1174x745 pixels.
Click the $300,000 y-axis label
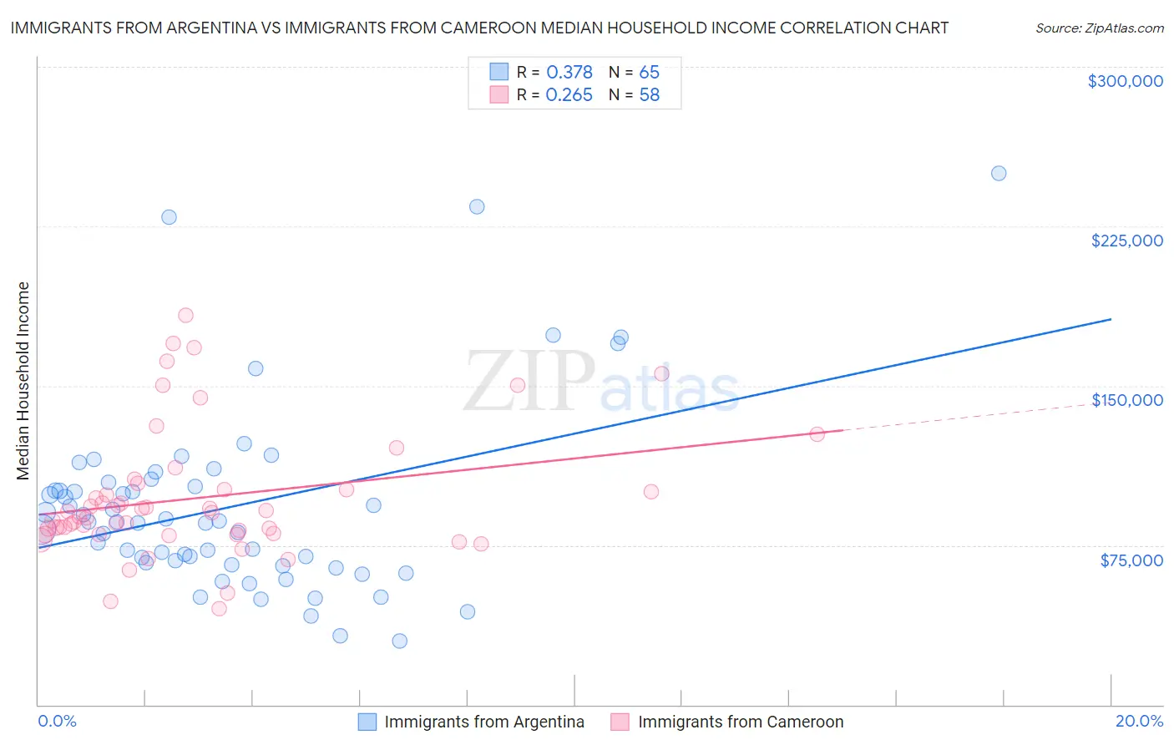[x=1125, y=81]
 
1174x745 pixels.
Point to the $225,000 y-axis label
[x=1126, y=241]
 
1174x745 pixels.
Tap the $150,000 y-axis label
[x=1126, y=400]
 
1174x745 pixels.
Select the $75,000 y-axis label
[x=1131, y=560]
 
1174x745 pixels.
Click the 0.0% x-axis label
[x=57, y=721]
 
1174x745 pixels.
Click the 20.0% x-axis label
[x=1139, y=721]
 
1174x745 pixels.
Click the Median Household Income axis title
[x=23, y=381]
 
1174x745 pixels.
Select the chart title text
[x=479, y=28]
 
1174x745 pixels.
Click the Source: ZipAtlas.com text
[x=1099, y=28]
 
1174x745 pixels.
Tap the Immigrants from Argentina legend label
[x=484, y=722]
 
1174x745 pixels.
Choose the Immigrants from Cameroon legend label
[x=741, y=722]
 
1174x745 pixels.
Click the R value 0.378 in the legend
[x=569, y=73]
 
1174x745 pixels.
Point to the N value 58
[x=649, y=95]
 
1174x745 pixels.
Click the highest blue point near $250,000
[x=998, y=174]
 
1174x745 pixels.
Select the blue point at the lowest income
[x=399, y=641]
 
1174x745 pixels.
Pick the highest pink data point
[x=185, y=315]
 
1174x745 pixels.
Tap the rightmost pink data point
[x=817, y=434]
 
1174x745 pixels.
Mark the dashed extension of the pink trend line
[x=977, y=415]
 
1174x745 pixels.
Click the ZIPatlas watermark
[x=601, y=383]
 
